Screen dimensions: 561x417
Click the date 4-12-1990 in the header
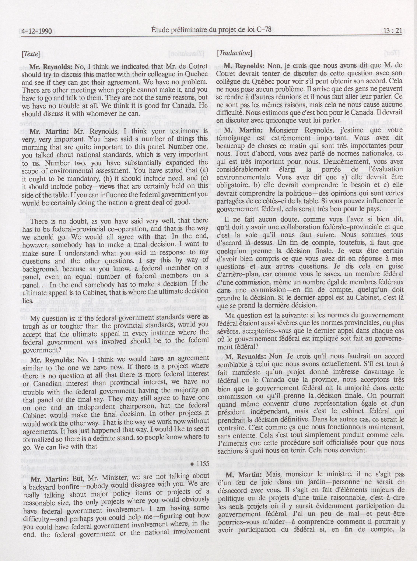pyautogui.click(x=37, y=32)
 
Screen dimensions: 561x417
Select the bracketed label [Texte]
pyautogui.click(x=31, y=54)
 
